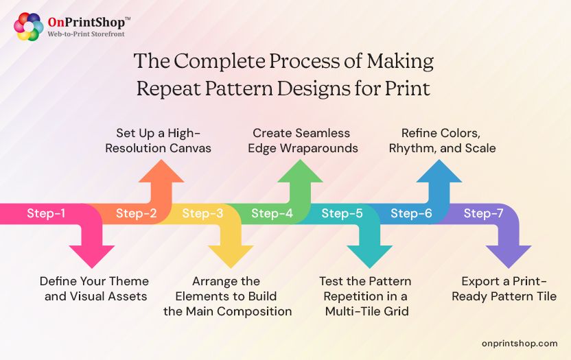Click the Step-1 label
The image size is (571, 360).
tap(46, 213)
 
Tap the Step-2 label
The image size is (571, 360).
tap(136, 213)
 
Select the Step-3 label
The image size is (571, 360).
tap(202, 213)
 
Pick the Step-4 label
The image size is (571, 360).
tap(272, 213)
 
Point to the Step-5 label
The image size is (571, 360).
tap(342, 213)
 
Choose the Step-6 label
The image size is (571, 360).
tap(411, 213)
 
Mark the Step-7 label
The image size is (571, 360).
tap(483, 213)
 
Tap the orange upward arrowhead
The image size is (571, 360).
tap(161, 171)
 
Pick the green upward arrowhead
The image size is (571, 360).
tap(300, 171)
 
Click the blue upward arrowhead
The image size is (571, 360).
tap(439, 171)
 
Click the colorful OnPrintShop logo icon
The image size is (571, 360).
tap(28, 27)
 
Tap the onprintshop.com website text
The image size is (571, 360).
tap(520, 343)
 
